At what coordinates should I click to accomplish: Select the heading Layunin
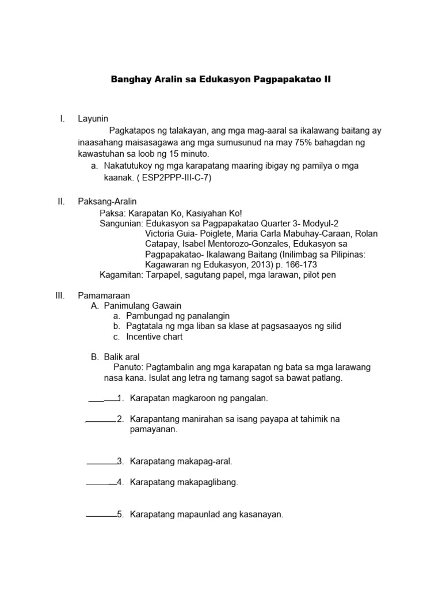tap(93, 119)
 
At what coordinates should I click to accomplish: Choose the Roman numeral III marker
tap(59, 295)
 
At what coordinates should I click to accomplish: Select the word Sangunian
tap(121, 223)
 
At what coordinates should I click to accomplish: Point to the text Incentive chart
tap(155, 336)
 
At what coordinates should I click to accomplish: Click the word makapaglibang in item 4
tap(209, 482)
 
